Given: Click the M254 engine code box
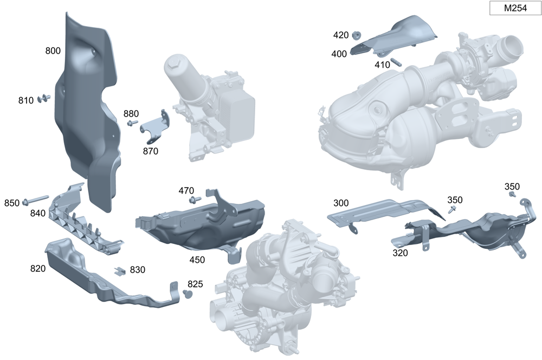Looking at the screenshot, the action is pos(515,8).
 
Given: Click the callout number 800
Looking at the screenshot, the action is pos(53,51).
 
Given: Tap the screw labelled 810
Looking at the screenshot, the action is pos(43,98).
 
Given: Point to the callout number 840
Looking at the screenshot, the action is pos(38,214).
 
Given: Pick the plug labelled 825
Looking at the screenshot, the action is pos(188,294).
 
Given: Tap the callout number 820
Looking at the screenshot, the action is pos(38,269).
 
